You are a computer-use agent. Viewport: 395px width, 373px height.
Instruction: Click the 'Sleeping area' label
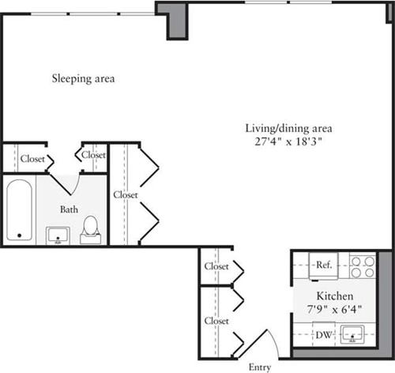click(84, 78)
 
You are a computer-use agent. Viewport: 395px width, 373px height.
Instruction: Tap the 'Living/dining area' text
click(287, 128)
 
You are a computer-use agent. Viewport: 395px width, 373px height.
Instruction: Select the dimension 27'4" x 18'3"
click(287, 142)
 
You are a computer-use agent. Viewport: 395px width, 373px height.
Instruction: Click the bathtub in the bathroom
click(21, 210)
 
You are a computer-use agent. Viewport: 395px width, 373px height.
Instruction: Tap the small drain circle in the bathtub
click(20, 235)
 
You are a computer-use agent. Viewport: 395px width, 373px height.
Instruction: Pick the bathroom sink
click(58, 235)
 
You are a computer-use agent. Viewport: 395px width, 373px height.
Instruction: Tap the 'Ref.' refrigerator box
click(324, 266)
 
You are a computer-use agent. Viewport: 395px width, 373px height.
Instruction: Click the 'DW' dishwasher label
click(324, 335)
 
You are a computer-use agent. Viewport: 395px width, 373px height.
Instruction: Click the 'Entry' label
click(260, 367)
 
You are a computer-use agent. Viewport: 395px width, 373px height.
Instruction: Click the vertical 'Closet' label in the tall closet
click(125, 194)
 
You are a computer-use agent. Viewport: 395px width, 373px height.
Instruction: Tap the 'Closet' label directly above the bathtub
click(32, 158)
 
